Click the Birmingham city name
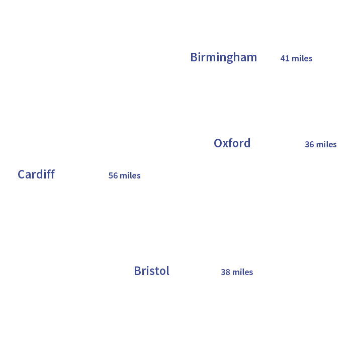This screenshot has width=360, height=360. [x=223, y=57]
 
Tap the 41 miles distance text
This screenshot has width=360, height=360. [x=296, y=58]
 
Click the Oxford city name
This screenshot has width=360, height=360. [x=232, y=143]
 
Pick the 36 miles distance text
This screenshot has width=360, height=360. [x=320, y=144]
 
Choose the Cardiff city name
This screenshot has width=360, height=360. [x=36, y=174]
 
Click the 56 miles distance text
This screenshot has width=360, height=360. [x=124, y=175]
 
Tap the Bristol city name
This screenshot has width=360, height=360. [x=151, y=271]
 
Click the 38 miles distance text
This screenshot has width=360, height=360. [x=237, y=272]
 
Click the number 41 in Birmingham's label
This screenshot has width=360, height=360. [x=285, y=58]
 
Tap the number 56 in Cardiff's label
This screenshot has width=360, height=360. [x=113, y=175]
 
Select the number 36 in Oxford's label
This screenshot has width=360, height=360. [x=309, y=144]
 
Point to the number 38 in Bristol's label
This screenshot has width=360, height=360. [x=226, y=272]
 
